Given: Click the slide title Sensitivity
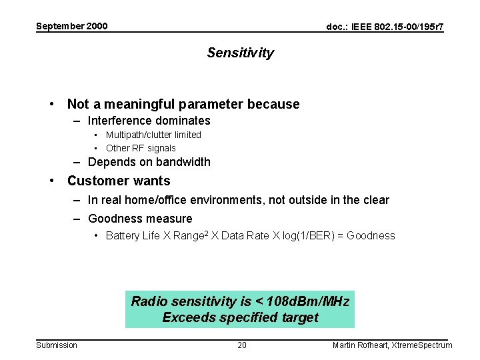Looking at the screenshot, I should point(240,53).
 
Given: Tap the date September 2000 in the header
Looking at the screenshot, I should point(71,27).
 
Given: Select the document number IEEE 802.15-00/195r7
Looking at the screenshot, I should point(385,27).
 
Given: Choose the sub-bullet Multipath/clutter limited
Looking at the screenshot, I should point(153,135).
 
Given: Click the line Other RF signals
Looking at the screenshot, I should point(141,148).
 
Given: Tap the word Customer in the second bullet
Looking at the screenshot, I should point(94,181).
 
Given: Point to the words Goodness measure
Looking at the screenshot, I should point(140,219).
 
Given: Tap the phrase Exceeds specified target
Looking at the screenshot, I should point(240,317).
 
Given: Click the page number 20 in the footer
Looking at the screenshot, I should point(242,345).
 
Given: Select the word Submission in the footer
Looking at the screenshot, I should point(57,345).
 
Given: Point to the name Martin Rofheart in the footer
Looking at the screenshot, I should point(361,345).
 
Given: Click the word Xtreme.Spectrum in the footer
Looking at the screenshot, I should point(423,345).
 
